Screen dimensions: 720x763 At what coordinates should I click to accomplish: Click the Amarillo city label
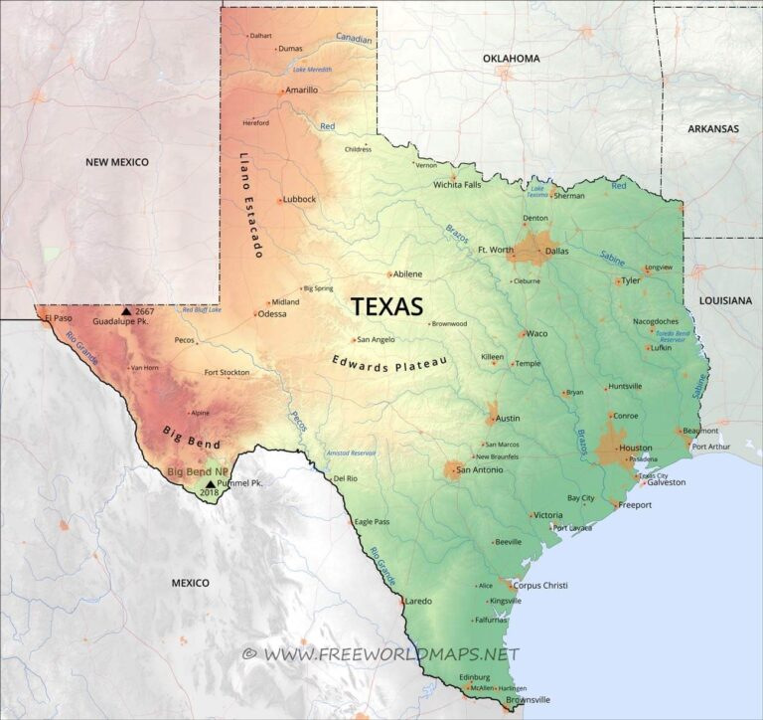(301, 90)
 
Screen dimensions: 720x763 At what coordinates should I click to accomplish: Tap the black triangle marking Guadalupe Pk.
(126, 311)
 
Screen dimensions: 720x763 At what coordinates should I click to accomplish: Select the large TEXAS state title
(386, 306)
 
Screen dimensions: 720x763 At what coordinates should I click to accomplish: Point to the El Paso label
(59, 318)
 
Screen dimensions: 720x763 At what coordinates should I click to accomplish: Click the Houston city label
(635, 448)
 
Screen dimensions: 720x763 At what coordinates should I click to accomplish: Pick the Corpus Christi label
(540, 586)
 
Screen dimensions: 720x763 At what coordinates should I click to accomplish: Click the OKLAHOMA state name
(512, 59)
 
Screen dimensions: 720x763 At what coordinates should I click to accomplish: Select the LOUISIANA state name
(725, 299)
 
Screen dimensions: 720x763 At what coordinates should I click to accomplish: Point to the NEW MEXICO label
(116, 162)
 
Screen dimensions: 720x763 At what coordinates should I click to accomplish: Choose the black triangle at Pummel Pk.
(210, 483)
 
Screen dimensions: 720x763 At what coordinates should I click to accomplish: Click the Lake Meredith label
(313, 70)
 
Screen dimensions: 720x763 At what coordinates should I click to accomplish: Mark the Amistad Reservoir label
(351, 453)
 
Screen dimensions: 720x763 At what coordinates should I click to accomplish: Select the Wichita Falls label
(457, 184)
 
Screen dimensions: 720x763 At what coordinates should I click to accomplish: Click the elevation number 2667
(145, 311)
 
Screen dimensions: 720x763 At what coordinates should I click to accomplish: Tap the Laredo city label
(418, 601)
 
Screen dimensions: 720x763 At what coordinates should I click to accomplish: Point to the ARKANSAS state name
(713, 128)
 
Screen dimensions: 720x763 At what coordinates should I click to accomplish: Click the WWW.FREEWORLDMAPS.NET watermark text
(389, 653)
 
